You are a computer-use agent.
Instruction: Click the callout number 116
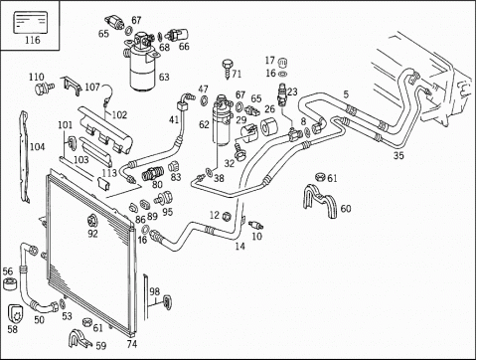(33, 40)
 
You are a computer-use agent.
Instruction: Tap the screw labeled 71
(228, 69)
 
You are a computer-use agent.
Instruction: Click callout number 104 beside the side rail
(37, 146)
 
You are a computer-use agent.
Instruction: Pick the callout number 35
(398, 155)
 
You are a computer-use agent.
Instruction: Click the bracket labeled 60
(320, 201)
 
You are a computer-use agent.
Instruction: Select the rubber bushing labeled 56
(9, 284)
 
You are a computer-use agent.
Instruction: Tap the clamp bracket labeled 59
(79, 338)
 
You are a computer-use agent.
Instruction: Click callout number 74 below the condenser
(132, 344)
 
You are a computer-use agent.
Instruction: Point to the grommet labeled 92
(91, 221)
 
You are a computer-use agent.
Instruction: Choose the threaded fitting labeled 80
(153, 174)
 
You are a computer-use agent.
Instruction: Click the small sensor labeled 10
(256, 225)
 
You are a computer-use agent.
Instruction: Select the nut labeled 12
(227, 217)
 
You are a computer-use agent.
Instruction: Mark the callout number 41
(174, 119)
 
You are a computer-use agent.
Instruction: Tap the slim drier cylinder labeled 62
(223, 120)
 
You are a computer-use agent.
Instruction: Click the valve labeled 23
(283, 94)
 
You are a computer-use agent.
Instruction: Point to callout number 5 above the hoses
(346, 94)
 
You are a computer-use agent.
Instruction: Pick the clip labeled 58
(16, 313)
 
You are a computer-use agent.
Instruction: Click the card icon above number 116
(30, 23)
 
